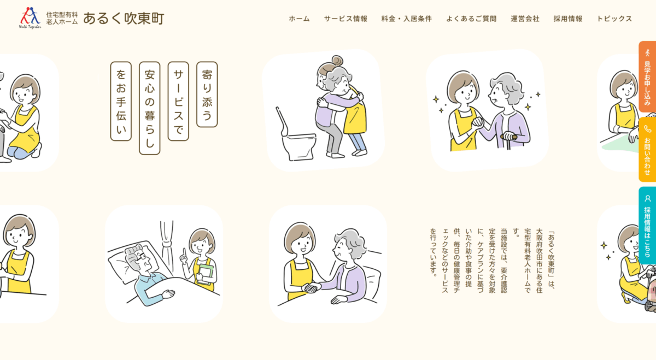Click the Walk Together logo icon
[x=30, y=17]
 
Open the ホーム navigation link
[x=299, y=19]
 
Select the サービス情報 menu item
[x=345, y=19]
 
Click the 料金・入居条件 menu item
[x=407, y=19]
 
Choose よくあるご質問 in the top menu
[x=471, y=19]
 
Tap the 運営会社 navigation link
[x=525, y=19]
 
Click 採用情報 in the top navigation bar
[x=568, y=19]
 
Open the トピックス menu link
[x=614, y=19]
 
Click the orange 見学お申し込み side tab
[x=647, y=76]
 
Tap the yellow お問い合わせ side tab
[x=647, y=150]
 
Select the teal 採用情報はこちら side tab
[x=647, y=226]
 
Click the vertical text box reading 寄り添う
[x=207, y=95]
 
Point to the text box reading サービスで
[x=178, y=101]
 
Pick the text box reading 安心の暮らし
[x=150, y=108]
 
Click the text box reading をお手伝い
[x=121, y=101]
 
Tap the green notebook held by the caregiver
[x=206, y=274]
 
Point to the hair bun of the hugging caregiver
[x=337, y=61]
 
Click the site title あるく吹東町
[x=124, y=19]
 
